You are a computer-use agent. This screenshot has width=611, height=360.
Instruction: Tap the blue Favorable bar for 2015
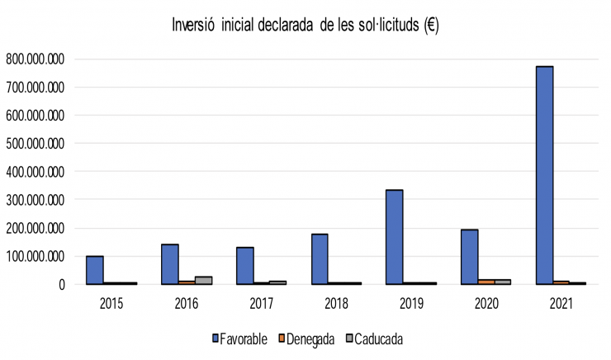coord(95,270)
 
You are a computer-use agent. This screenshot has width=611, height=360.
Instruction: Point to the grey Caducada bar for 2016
coord(203,280)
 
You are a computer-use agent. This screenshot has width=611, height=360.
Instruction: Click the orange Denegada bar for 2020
coord(485,282)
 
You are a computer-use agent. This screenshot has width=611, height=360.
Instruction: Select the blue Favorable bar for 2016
coord(170,264)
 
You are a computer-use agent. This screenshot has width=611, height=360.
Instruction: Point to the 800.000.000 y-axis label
coord(35,59)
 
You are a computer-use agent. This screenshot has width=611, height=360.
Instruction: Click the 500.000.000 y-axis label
coord(35,144)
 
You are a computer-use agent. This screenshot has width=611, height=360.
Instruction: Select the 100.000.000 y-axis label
coord(35,257)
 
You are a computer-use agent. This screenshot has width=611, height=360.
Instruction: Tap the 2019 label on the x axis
coord(410,303)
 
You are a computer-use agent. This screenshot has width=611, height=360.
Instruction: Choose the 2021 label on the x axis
coord(560,303)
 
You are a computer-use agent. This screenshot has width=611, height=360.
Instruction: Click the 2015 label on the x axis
coord(111,303)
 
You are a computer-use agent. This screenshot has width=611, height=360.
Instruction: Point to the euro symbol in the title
coord(431,25)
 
